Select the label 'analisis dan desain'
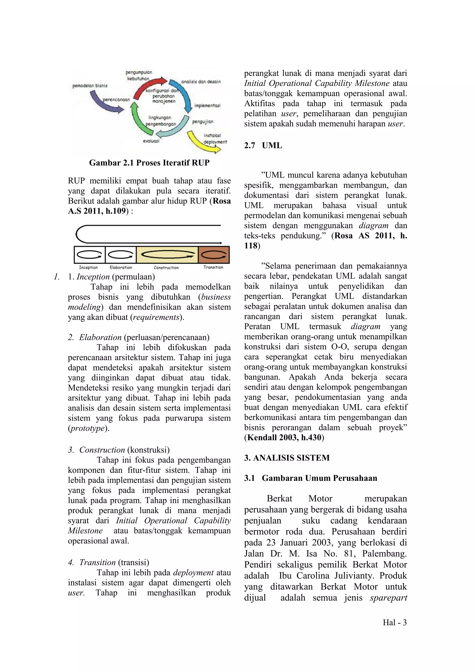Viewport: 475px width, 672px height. pos(201,82)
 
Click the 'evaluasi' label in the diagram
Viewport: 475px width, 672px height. pos(151,141)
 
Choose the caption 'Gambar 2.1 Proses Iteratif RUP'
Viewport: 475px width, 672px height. pos(149,163)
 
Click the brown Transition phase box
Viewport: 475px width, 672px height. pos(214,255)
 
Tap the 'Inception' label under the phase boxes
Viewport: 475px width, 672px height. pos(88,267)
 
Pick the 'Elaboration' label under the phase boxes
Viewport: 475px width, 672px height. pos(121,267)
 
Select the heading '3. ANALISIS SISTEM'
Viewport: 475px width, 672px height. pos(287,458)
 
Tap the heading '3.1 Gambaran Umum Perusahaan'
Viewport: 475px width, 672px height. pos(311,478)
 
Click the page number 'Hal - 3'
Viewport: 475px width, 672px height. pos(395,623)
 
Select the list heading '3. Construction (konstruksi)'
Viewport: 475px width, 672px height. pos(119,450)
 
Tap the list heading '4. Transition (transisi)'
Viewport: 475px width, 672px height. pos(109,562)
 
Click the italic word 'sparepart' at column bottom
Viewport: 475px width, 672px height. pos(388,598)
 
